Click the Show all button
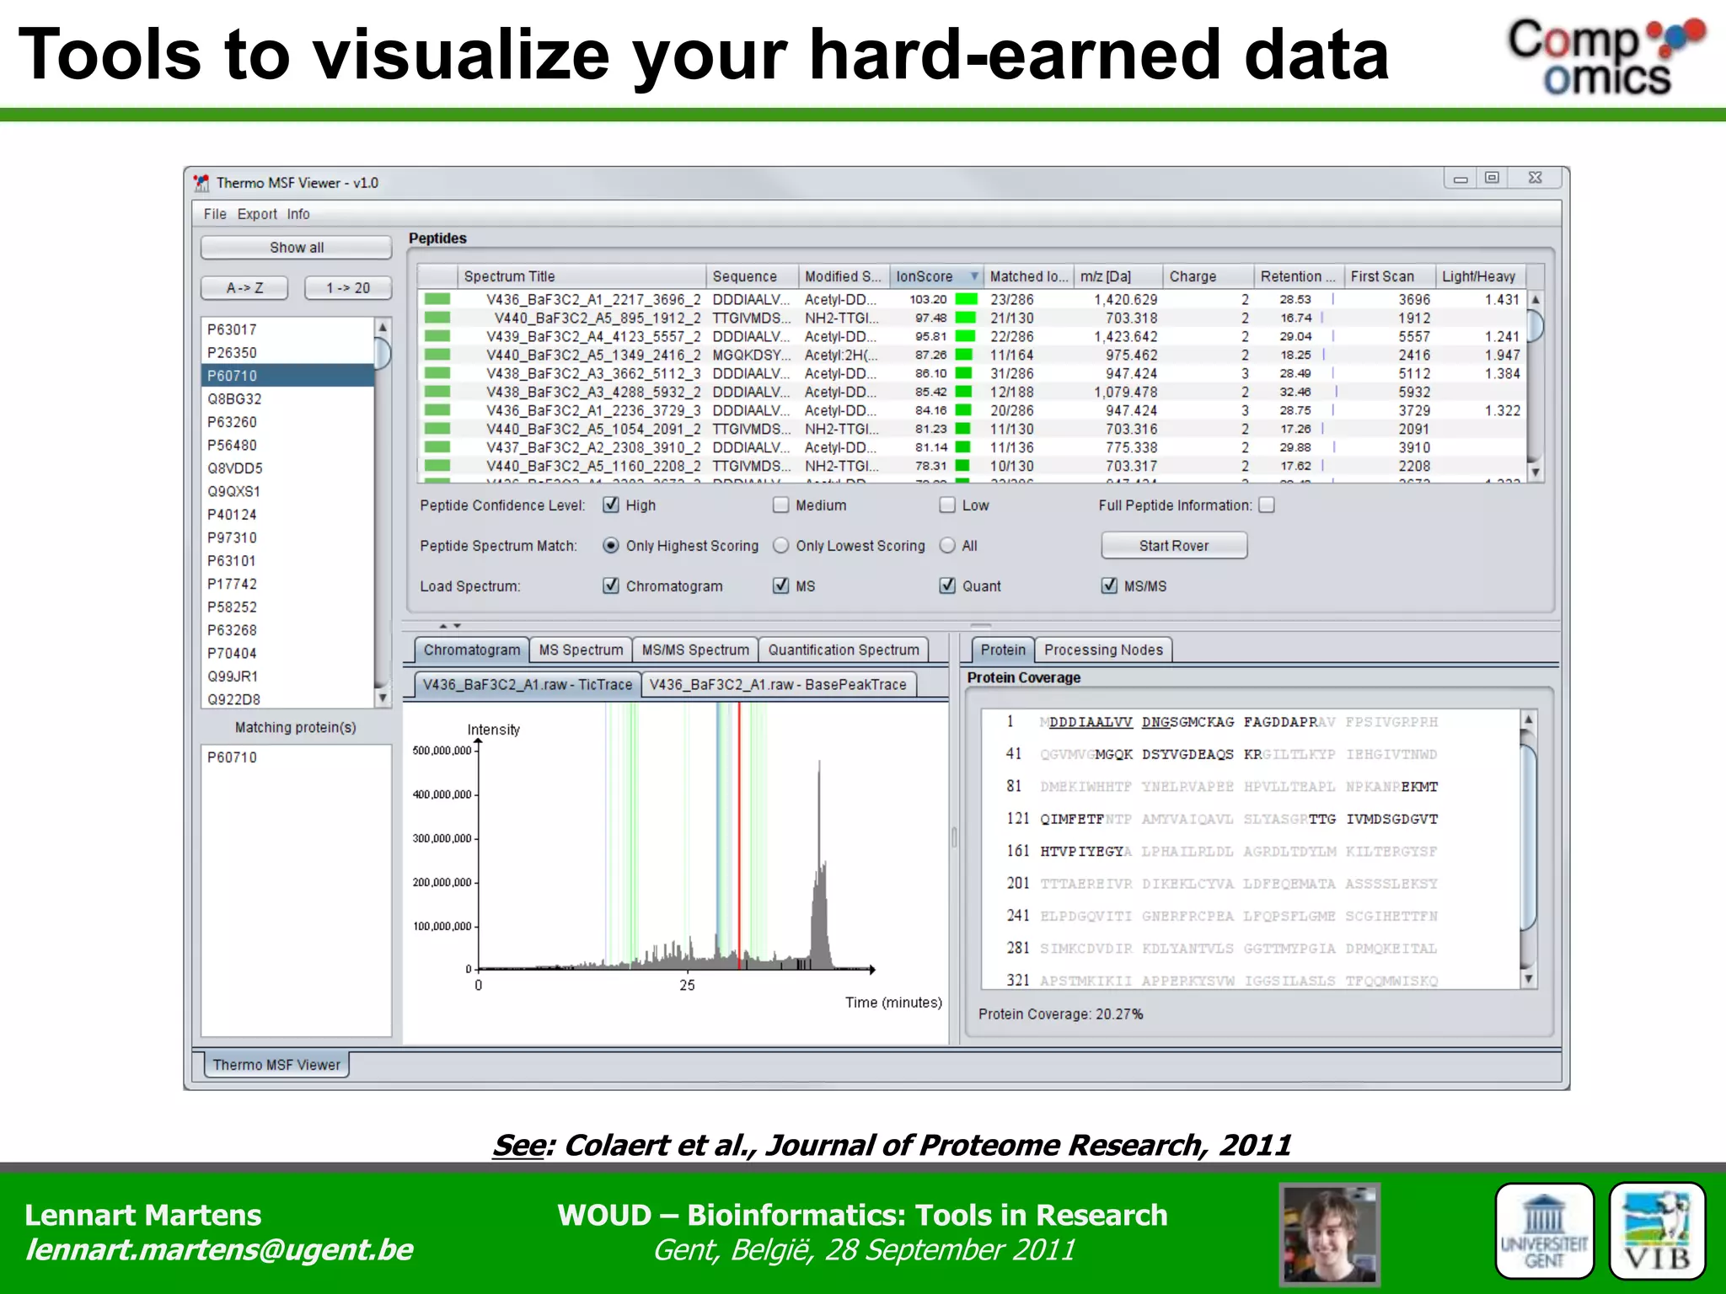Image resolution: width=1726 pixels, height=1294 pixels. coord(296,248)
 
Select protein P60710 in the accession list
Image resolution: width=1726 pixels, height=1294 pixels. coord(287,376)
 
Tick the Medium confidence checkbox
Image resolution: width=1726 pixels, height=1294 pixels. coord(781,505)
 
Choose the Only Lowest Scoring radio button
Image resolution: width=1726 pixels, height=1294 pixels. coord(781,546)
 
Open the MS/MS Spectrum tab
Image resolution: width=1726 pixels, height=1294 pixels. coord(694,650)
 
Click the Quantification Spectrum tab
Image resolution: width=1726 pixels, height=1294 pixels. coord(843,650)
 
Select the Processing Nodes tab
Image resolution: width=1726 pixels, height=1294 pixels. coord(1102,650)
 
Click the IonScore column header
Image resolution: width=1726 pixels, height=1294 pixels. coord(925,276)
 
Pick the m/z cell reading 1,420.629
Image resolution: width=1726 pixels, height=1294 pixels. coord(1125,300)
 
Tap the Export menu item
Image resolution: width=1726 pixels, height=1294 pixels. coord(257,214)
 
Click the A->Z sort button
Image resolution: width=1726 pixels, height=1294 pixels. coord(244,288)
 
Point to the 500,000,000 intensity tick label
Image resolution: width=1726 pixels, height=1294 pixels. coord(442,751)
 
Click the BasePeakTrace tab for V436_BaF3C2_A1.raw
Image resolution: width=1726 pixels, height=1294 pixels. coord(777,685)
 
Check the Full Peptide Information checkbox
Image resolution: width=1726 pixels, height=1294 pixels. coord(1267,505)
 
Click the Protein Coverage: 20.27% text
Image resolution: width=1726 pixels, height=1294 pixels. coord(1060,1014)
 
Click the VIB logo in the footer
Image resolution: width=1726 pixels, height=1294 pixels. coord(1656,1231)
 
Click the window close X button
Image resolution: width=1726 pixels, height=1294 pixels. coord(1535,178)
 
